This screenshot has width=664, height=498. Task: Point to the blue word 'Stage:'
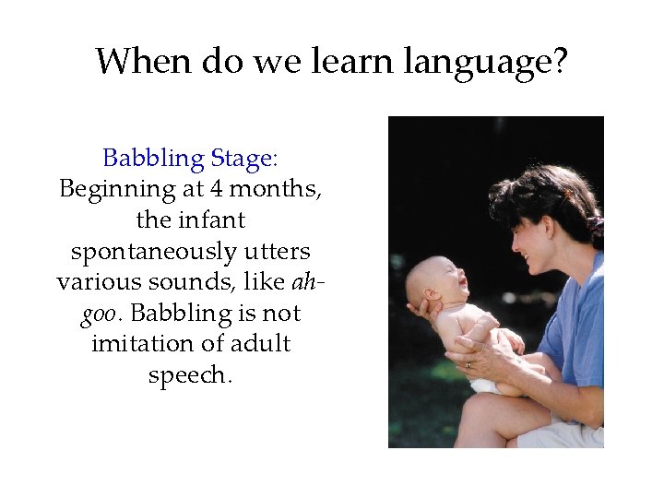(x=243, y=160)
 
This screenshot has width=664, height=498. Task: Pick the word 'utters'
(x=278, y=252)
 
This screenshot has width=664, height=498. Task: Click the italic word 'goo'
(x=99, y=314)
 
